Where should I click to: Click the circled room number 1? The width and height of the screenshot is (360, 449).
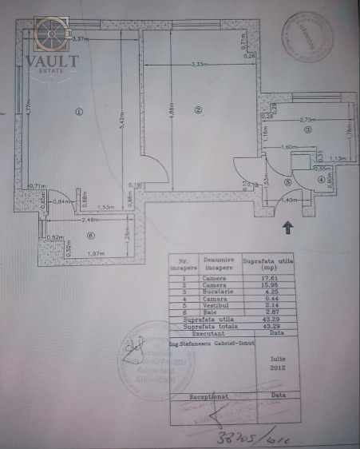click(77, 111)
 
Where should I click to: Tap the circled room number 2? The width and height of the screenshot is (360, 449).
click(198, 109)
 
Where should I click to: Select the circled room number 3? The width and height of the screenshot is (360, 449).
click(307, 128)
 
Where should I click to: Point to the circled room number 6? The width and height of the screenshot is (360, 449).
click(91, 235)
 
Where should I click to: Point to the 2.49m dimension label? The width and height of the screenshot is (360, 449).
click(89, 220)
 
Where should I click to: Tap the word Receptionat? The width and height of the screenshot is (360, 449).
click(208, 395)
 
